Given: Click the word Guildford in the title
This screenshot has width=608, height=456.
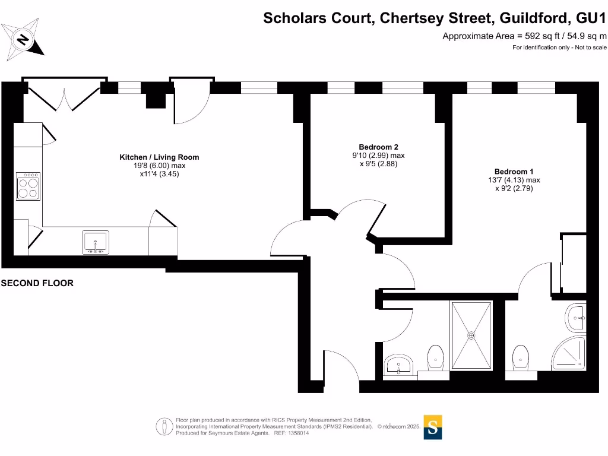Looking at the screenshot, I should tap(532, 18).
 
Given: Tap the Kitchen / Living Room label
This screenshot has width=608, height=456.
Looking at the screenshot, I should tap(159, 157).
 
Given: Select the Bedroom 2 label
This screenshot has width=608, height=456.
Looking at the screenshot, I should tap(378, 147).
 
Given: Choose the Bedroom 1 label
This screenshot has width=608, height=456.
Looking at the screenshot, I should tap(514, 172).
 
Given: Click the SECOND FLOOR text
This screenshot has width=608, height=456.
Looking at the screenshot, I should tap(37, 284).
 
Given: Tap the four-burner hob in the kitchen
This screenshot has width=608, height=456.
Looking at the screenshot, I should tap(28, 186).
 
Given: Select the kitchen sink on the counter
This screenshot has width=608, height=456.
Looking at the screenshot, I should tap(96, 242).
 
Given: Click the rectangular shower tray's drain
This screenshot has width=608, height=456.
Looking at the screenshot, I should tap(471, 335).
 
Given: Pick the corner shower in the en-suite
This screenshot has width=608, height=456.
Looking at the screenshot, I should tap(570, 354).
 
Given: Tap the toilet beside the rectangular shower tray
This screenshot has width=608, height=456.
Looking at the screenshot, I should tap(435, 356).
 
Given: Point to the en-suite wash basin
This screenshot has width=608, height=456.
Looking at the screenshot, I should tap(576, 318).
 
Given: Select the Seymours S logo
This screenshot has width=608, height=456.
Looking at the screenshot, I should tap(433, 427).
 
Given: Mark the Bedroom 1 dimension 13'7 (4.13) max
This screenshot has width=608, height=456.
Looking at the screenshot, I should tap(514, 180).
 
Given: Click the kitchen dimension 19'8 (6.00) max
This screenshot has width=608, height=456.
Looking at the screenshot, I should tap(159, 166).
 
